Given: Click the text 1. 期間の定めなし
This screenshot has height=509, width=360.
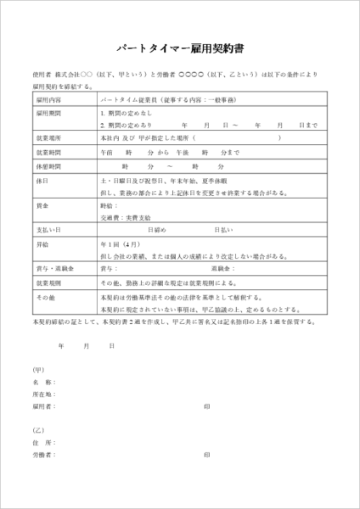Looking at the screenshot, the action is click(x=127, y=112).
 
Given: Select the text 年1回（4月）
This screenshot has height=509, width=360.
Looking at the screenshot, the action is click(x=120, y=243).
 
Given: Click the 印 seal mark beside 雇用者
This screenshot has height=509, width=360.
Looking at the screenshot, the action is click(x=207, y=406).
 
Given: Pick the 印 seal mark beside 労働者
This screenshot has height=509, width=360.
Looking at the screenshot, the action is click(x=207, y=456).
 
